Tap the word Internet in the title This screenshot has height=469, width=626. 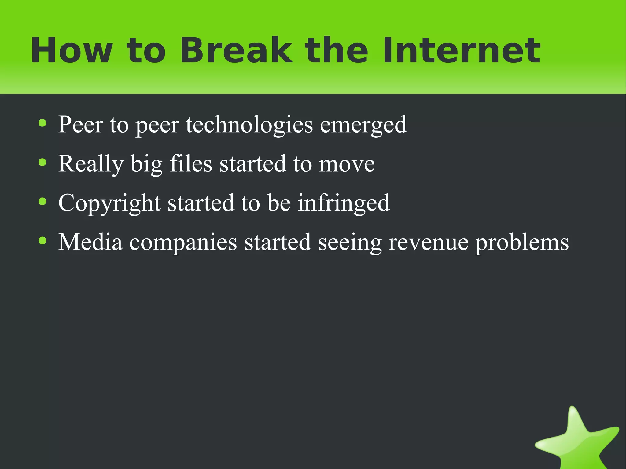click(461, 50)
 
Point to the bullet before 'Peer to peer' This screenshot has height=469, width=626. click(42, 124)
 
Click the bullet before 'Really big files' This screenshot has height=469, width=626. click(42, 163)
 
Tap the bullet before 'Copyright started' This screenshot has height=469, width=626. click(42, 202)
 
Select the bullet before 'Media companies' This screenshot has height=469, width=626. click(42, 241)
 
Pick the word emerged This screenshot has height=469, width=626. click(363, 125)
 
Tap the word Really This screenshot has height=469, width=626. click(91, 164)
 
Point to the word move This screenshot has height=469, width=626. click(347, 164)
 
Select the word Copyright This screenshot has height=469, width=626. click(109, 203)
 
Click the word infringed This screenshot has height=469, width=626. click(344, 203)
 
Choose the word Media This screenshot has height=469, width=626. click(90, 242)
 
